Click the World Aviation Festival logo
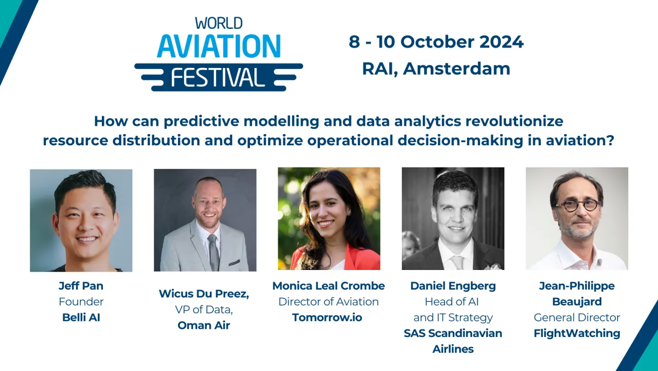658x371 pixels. click(x=219, y=54)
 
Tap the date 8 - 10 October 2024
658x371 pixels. click(x=436, y=42)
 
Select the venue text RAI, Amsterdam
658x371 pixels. click(x=436, y=69)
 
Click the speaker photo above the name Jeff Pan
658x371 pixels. click(x=81, y=220)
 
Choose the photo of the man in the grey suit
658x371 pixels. click(x=205, y=220)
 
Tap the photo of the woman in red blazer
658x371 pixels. click(x=329, y=218)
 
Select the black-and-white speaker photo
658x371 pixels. click(x=453, y=218)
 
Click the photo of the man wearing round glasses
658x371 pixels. click(x=577, y=218)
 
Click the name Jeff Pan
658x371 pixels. click(x=81, y=286)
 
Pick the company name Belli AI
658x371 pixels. click(x=81, y=317)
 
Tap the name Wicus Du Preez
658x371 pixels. click(x=204, y=294)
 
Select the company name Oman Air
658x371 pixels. click(x=204, y=325)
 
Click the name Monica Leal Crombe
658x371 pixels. click(x=328, y=286)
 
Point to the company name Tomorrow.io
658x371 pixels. click(x=327, y=317)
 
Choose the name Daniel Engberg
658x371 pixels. click(x=453, y=286)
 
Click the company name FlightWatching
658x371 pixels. click(x=577, y=333)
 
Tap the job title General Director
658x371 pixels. click(x=577, y=317)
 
